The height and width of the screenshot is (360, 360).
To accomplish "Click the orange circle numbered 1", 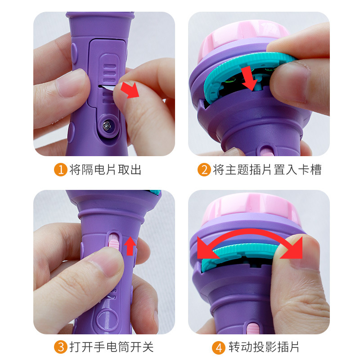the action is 61,170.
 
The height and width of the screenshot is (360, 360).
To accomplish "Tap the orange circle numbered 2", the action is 204,170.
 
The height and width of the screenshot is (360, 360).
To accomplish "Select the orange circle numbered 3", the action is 61,347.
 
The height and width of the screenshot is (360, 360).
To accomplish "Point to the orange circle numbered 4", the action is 219,347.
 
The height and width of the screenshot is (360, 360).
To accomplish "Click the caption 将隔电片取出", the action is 105,170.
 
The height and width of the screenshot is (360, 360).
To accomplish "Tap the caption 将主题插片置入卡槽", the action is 267,170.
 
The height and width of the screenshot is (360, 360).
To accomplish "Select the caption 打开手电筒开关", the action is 111,347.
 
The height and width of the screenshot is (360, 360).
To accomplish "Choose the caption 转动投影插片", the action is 264,347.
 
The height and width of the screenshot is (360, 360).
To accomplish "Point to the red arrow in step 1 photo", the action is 130,90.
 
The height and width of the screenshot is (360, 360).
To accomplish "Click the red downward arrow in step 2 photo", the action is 249,78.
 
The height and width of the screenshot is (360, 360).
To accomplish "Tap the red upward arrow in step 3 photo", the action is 130,246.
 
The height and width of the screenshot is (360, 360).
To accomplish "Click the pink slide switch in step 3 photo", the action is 113,244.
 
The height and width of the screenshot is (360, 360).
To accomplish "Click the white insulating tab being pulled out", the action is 107,88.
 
